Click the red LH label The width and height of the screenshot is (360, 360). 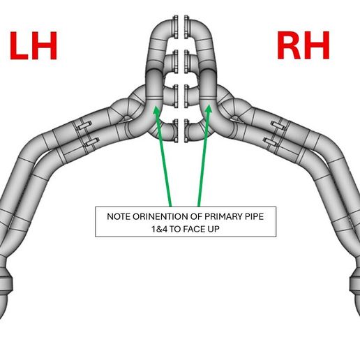pyautogui.click(x=33, y=46)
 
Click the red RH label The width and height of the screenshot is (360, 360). pyautogui.click(x=303, y=45)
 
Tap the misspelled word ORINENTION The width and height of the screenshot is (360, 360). pyautogui.click(x=160, y=217)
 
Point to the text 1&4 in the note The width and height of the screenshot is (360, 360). pyautogui.click(x=160, y=230)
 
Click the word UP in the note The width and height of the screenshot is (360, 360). pyautogui.click(x=213, y=230)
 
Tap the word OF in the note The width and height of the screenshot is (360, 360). pyautogui.click(x=196, y=217)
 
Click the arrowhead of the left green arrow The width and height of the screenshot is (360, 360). pyautogui.click(x=156, y=110)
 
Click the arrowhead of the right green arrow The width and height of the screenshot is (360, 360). pyautogui.click(x=209, y=110)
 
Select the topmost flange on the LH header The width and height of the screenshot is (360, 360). pyautogui.click(x=176, y=27)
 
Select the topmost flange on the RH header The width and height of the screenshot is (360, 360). pyautogui.click(x=186, y=27)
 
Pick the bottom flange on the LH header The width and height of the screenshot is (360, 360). pyautogui.click(x=176, y=130)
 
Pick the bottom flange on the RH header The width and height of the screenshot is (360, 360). pyautogui.click(x=186, y=130)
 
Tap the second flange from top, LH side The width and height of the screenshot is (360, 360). pyautogui.click(x=176, y=61)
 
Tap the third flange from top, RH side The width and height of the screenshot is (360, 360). pyautogui.click(x=186, y=96)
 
